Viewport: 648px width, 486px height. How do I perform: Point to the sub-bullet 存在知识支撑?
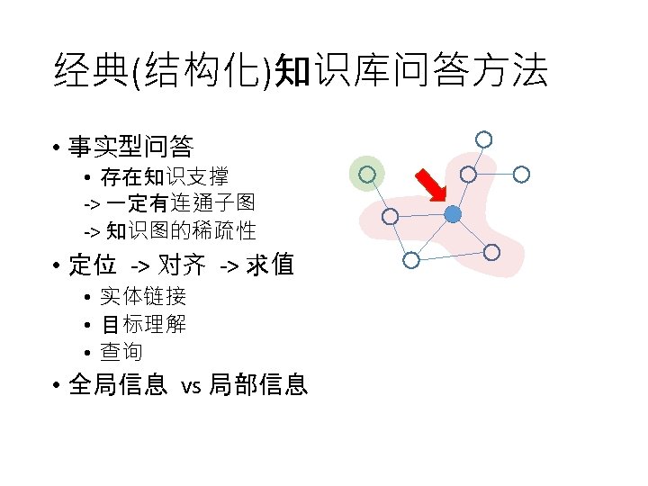tap(164, 176)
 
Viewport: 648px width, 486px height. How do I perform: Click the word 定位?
tap(93, 265)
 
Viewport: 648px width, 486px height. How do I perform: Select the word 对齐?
tap(182, 265)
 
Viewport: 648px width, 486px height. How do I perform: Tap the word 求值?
tap(269, 265)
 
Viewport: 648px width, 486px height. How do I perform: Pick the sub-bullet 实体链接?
tap(143, 296)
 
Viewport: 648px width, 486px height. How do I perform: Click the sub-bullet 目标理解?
tap(143, 324)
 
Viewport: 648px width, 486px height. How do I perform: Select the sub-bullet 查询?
tap(121, 352)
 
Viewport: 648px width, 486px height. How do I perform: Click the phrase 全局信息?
tap(118, 386)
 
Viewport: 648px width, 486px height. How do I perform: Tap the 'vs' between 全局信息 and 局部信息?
tap(191, 387)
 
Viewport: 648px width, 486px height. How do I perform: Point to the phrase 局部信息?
tap(258, 386)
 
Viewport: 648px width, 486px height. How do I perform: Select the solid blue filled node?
tap(453, 214)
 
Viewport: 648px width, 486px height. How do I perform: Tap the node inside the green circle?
tap(366, 175)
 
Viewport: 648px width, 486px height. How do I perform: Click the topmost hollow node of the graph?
tap(483, 139)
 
